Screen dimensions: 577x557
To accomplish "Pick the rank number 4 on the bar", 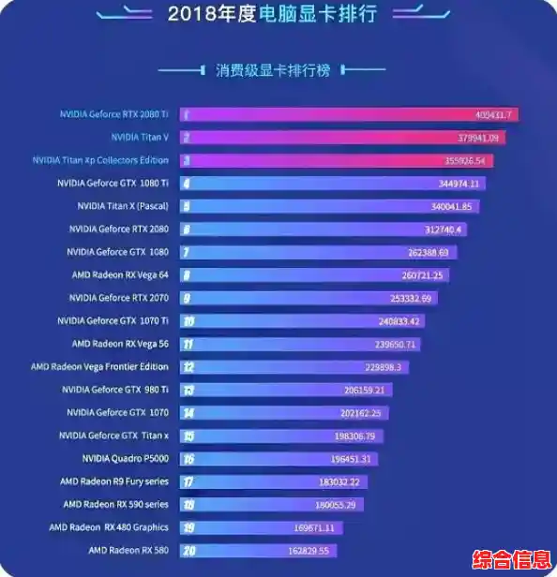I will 187,184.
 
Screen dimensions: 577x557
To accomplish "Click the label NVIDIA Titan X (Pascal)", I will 123,206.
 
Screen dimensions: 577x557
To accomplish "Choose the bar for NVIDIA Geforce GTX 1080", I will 305,252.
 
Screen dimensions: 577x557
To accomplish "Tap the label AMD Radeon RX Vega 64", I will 120,274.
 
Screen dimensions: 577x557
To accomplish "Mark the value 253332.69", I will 413,298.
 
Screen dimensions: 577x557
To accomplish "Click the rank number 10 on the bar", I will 188,321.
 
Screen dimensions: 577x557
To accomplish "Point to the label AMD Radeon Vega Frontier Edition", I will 99,367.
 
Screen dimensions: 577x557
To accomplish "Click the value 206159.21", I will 365,390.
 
